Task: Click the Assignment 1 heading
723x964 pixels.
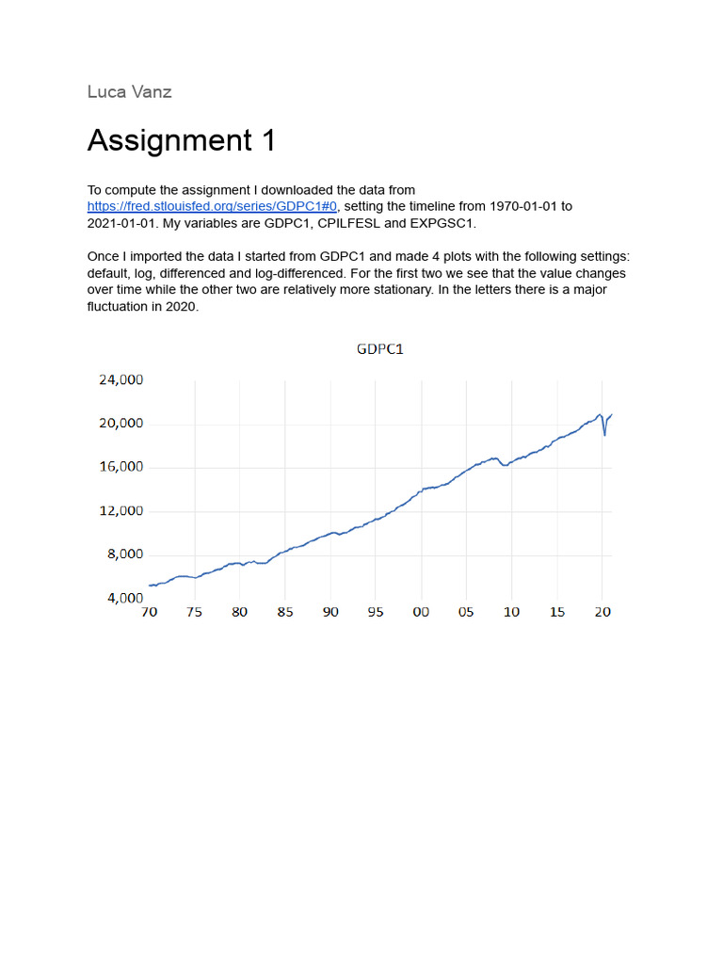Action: click(x=182, y=140)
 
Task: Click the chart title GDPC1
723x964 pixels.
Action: click(x=380, y=349)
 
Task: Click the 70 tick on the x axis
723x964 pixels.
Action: click(x=149, y=612)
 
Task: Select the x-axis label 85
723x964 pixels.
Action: click(x=285, y=612)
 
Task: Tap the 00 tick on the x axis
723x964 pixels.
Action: click(x=421, y=612)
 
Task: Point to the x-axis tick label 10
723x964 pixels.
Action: click(x=511, y=612)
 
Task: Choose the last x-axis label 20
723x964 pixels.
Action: click(x=602, y=612)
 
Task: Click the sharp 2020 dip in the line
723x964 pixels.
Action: click(x=604, y=434)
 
